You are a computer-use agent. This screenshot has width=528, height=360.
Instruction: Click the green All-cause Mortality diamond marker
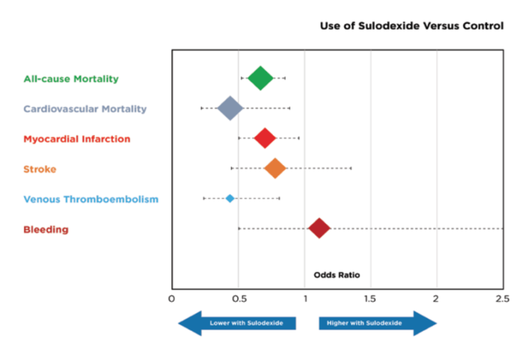click(x=260, y=78)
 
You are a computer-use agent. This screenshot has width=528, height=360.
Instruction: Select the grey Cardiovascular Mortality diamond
click(x=230, y=108)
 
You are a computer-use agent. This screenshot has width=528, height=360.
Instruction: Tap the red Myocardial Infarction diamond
click(x=265, y=138)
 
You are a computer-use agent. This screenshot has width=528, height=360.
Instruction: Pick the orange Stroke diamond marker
click(x=275, y=168)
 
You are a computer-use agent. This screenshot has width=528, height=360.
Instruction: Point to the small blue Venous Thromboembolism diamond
click(x=230, y=198)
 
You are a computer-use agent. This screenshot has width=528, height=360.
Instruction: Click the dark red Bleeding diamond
click(x=319, y=229)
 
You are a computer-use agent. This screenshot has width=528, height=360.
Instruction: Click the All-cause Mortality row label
click(x=71, y=79)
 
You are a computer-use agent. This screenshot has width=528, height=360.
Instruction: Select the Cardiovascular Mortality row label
click(x=84, y=108)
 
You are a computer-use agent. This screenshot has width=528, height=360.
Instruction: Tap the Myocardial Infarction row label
click(x=77, y=139)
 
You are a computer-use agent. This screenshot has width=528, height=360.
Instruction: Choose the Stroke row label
click(x=40, y=169)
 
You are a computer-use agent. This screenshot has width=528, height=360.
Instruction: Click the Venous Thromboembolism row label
click(x=90, y=199)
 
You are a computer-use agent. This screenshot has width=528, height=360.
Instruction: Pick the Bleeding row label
click(x=46, y=229)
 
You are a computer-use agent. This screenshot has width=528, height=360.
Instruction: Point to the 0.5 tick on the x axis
click(x=238, y=299)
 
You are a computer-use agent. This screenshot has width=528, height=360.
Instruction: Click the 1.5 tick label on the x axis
click(x=370, y=299)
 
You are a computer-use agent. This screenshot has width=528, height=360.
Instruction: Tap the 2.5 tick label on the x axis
click(x=502, y=299)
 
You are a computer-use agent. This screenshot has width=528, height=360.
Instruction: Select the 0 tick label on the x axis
click(x=172, y=299)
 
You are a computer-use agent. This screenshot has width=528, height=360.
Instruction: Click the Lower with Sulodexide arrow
click(x=238, y=323)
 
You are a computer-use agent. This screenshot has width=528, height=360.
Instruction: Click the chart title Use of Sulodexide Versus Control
click(x=411, y=26)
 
